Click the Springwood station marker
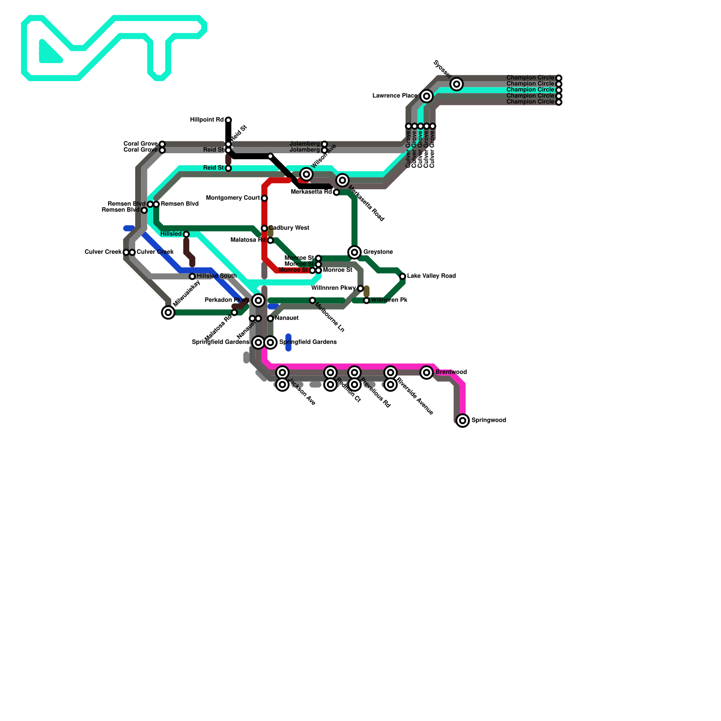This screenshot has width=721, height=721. pos(462,420)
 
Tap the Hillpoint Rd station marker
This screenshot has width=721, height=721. pos(228,120)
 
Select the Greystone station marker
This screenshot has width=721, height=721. pos(355,252)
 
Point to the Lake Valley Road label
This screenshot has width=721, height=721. pos(431,276)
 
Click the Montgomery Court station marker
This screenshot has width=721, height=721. pos(264,198)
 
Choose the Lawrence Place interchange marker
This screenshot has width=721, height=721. pos(426,96)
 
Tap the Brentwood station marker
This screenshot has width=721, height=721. pos(426,372)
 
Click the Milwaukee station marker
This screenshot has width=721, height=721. pos(168,312)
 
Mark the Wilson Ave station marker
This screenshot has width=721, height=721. pos(306,174)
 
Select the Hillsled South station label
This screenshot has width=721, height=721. pos(216,276)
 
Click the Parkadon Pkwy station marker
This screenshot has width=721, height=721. pos(258,300)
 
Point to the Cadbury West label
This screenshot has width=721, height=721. pos(289,228)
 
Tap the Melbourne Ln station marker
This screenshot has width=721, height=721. pos(312,300)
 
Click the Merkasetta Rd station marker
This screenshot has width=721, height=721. pos(336,192)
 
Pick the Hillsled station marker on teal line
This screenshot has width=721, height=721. pos(186,234)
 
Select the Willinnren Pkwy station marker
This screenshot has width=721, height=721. pos(360,288)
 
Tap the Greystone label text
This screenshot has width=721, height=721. pos(378,252)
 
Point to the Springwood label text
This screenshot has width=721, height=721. pos(488,420)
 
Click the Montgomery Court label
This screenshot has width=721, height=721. pos(233,198)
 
